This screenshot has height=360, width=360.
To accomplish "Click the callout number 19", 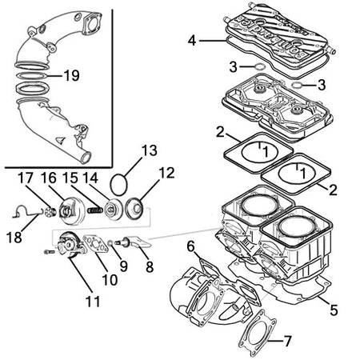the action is [x=72, y=76].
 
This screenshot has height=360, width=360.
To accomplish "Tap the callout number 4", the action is [x=192, y=41].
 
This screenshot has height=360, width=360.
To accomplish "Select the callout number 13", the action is [x=150, y=150].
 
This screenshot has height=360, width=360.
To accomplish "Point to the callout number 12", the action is [x=166, y=173].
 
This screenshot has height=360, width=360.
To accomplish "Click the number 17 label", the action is [x=26, y=178].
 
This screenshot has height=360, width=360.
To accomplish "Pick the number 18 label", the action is [x=14, y=237].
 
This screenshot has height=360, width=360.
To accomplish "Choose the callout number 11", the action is [x=93, y=302].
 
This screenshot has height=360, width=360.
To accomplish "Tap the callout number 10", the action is [x=110, y=280].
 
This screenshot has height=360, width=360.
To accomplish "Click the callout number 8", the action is [x=150, y=266].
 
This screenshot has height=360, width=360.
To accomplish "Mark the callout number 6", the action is [x=190, y=246].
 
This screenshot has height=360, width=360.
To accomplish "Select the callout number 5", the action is [x=334, y=310].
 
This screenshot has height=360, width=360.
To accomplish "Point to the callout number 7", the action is [x=287, y=341].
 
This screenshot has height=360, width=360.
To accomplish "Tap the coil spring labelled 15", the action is [x=94, y=210].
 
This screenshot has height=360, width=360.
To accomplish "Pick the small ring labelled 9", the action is [x=110, y=242].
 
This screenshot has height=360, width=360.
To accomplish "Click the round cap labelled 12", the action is [x=135, y=209].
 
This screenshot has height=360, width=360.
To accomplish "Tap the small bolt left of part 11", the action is [x=50, y=252].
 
